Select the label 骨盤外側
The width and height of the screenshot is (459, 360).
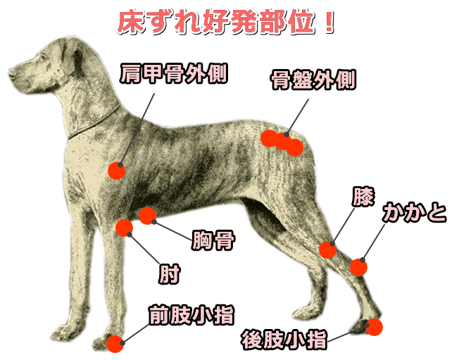tap(313, 80)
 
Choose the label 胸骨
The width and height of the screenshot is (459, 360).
tap(213, 241)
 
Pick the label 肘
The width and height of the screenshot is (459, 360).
tap(169, 274)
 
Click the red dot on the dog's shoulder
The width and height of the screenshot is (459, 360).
tap(117, 170)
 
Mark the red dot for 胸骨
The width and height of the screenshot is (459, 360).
tap(148, 216)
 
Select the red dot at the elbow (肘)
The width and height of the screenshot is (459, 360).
tap(124, 228)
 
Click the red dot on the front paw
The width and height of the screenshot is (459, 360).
tap(115, 343)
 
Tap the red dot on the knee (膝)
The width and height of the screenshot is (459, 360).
tap(327, 249)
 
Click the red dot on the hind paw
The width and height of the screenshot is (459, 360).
tap(375, 327)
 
